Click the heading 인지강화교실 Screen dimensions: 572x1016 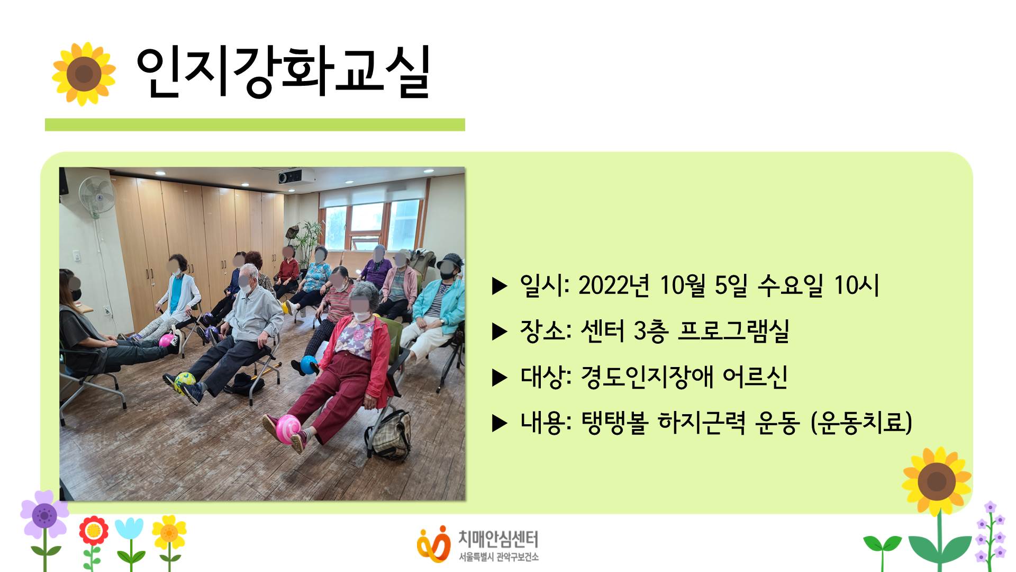pos(283,73)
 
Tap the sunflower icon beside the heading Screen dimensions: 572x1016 pos(84,74)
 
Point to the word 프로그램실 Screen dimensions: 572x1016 pos(733,332)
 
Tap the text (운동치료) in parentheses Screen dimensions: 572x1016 pos(861,423)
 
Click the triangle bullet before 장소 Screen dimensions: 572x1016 pos(499,332)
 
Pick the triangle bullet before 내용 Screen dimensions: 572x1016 pos(499,423)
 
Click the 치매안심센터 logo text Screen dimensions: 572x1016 pos(497,539)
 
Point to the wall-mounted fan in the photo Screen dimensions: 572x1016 pos(97,196)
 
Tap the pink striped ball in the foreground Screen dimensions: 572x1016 pos(288,426)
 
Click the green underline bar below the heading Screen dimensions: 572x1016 pos(255,124)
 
